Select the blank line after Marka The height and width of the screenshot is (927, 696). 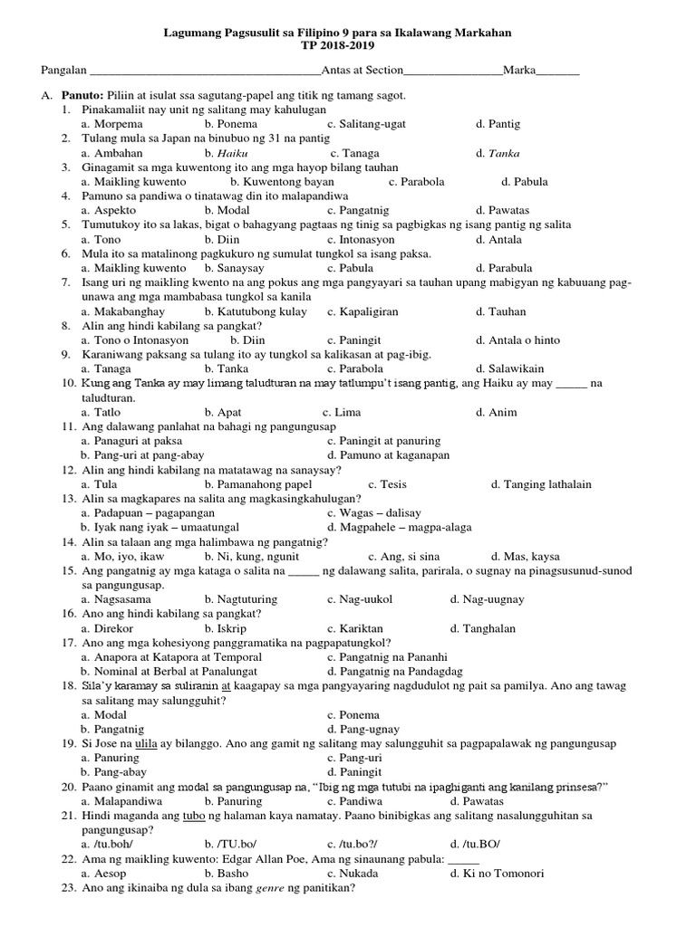[562, 72]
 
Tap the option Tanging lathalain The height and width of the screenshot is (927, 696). [546, 484]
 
